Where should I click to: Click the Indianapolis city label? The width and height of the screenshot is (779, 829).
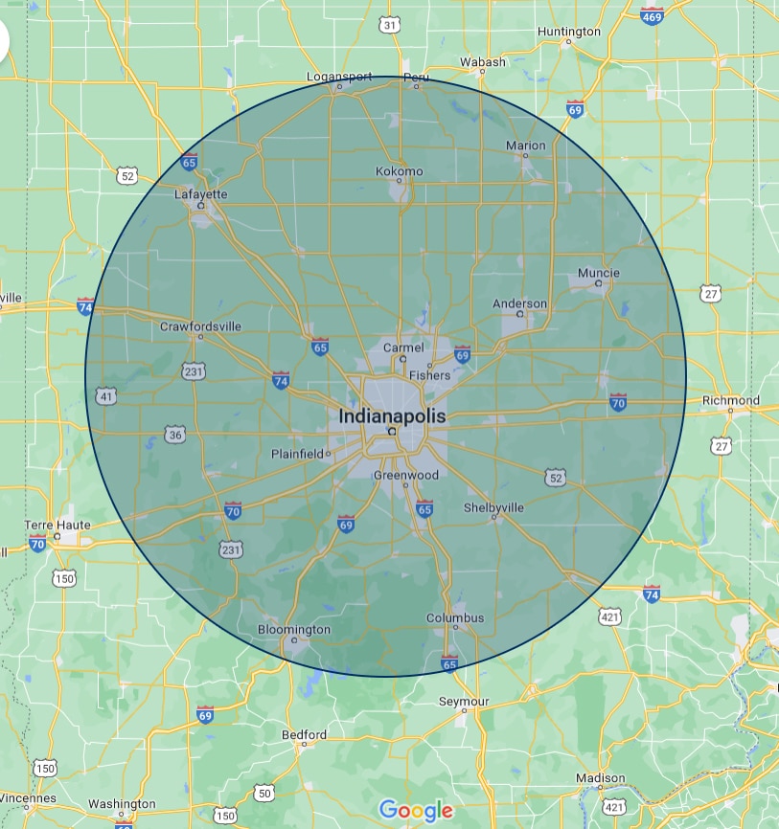click(392, 416)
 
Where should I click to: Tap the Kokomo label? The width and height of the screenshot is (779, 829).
click(399, 171)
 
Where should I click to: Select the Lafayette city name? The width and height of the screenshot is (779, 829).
click(201, 193)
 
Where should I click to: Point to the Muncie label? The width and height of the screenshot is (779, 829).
click(599, 273)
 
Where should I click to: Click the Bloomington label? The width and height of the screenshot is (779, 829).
click(294, 630)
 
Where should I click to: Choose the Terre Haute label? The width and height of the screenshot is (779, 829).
click(58, 526)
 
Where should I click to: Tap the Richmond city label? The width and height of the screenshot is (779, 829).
click(731, 400)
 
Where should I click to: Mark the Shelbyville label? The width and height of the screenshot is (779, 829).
click(494, 506)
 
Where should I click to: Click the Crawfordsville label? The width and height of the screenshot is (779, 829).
click(201, 326)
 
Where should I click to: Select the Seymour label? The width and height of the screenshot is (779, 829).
click(464, 702)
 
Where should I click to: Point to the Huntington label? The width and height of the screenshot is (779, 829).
click(569, 32)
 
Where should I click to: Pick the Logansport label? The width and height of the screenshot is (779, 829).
click(339, 77)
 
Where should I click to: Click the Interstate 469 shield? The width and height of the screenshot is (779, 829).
click(652, 16)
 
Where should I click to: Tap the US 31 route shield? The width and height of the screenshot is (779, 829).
click(389, 25)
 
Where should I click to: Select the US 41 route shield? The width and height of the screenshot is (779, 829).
click(105, 396)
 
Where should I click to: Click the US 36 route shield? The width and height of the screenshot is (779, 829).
click(174, 436)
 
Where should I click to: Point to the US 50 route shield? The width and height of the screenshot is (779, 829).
click(264, 793)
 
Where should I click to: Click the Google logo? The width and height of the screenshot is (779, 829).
click(416, 811)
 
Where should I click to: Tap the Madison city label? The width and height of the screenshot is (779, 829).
click(601, 779)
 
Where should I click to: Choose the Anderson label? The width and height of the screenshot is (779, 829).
click(520, 304)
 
